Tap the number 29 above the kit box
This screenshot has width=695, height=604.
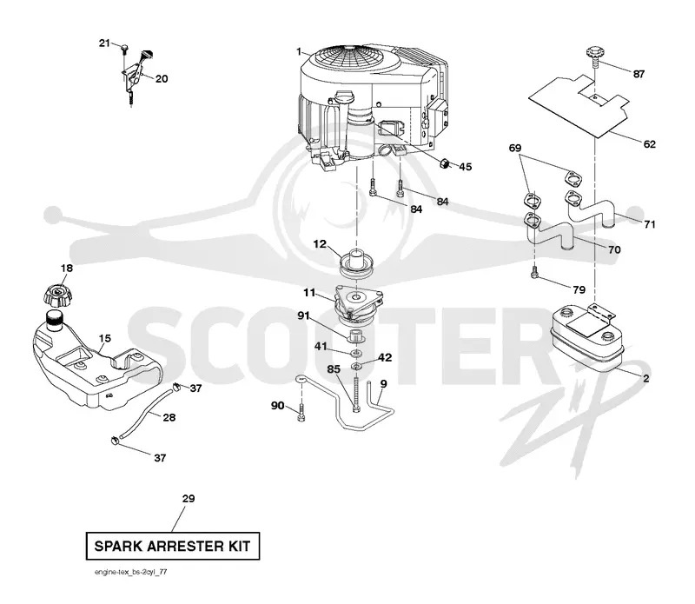pyautogui.click(x=189, y=499)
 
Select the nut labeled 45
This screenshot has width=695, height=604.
pyautogui.click(x=443, y=163)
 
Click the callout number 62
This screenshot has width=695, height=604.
pyautogui.click(x=649, y=144)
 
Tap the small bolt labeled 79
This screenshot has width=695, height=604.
pyautogui.click(x=535, y=273)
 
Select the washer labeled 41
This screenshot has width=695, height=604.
pyautogui.click(x=355, y=354)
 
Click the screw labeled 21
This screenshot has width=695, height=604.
pyautogui.click(x=124, y=48)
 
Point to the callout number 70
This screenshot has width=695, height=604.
pyautogui.click(x=614, y=249)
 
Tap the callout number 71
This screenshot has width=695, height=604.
pyautogui.click(x=649, y=224)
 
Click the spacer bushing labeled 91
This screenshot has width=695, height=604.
pyautogui.click(x=355, y=335)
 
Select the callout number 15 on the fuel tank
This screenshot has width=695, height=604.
pyautogui.click(x=105, y=338)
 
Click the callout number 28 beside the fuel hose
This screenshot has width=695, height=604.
pyautogui.click(x=169, y=417)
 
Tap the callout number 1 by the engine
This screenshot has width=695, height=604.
pyautogui.click(x=299, y=52)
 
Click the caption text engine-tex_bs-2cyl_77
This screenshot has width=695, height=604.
pyautogui.click(x=131, y=572)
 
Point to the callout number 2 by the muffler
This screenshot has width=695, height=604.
pyautogui.click(x=645, y=378)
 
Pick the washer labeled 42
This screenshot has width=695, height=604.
pyautogui.click(x=356, y=366)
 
